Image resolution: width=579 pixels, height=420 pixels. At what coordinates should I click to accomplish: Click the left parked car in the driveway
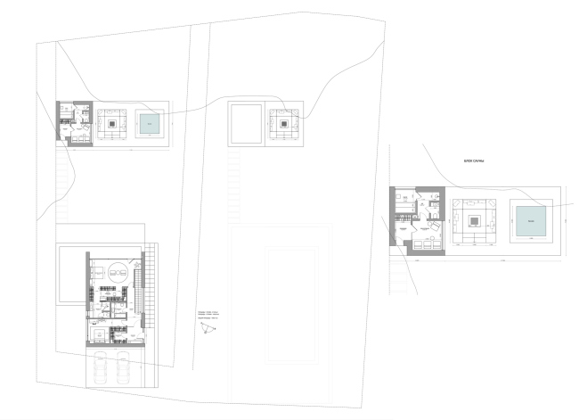point(100,366)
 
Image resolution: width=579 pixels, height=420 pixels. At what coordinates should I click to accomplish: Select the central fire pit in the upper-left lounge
point(114,124)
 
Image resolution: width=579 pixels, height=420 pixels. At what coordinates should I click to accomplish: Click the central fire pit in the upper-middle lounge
point(286,124)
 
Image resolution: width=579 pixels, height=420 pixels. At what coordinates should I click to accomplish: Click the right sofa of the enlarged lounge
point(495,220)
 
